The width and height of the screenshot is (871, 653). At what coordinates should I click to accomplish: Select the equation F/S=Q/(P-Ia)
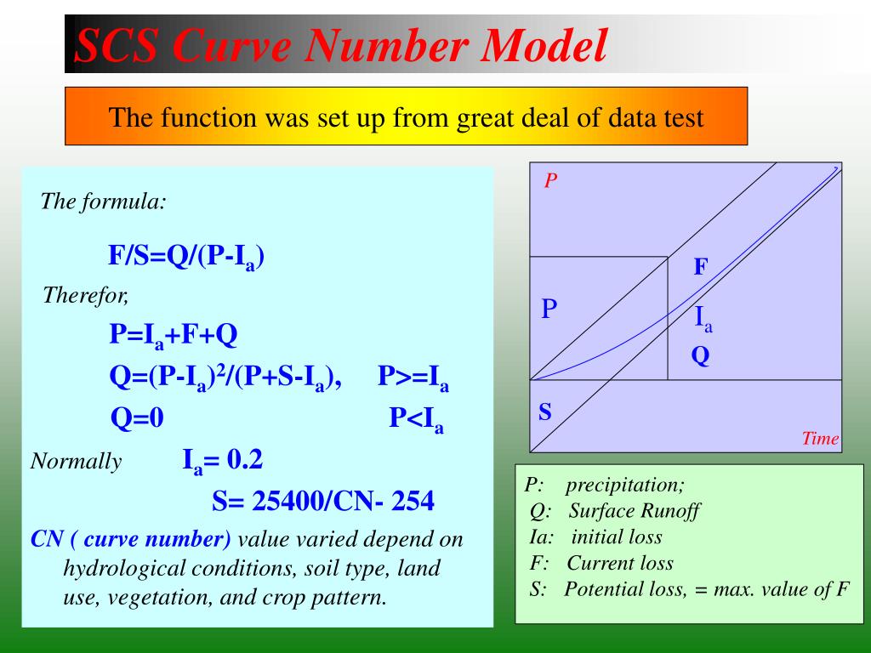tap(185, 256)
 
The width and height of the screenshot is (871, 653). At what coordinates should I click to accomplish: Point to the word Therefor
tap(85, 296)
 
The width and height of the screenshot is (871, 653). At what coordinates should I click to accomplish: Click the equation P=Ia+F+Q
tap(173, 335)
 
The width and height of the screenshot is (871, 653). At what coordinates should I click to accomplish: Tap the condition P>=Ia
tap(413, 377)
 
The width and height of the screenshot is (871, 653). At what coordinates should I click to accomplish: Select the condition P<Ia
tap(416, 418)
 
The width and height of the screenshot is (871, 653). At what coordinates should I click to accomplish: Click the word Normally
tap(76, 462)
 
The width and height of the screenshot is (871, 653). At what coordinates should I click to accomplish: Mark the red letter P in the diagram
tap(550, 180)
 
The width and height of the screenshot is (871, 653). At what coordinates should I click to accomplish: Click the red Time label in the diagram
tap(820, 439)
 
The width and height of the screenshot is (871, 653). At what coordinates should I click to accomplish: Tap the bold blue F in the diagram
tap(700, 268)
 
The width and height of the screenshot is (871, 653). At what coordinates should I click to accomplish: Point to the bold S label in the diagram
tap(545, 413)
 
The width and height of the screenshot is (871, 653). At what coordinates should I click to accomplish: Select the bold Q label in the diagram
tap(700, 356)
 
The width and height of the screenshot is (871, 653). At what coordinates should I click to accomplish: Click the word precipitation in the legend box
tap(625, 485)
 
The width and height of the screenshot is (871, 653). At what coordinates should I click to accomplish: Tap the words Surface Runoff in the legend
tap(635, 511)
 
